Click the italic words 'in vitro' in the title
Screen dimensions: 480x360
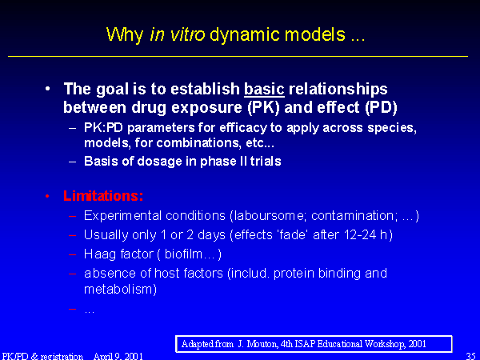click(x=178, y=34)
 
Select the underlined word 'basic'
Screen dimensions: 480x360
click(x=264, y=89)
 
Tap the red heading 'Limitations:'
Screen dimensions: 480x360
click(x=103, y=196)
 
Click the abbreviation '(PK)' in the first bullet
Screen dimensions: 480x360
click(x=263, y=107)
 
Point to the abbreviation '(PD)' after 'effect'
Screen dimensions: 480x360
click(x=381, y=107)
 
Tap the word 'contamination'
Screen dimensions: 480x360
click(x=352, y=216)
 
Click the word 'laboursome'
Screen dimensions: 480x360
click(x=270, y=216)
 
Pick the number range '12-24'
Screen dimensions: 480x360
click(x=360, y=234)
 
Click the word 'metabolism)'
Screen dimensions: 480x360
click(x=120, y=289)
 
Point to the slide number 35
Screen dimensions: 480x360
click(x=471, y=356)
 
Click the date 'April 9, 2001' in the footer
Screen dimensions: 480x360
click(x=118, y=356)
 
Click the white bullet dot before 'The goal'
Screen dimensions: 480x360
click(x=47, y=89)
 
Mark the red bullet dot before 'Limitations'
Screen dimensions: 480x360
click(x=47, y=196)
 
